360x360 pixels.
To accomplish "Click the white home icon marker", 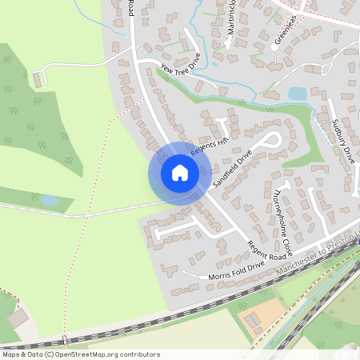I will (179, 172).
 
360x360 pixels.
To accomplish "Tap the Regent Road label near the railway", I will (265, 251).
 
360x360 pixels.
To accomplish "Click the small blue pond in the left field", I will (50, 200).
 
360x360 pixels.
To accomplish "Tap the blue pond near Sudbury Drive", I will (297, 94).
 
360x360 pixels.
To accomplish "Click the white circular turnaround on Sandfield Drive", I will (274, 142).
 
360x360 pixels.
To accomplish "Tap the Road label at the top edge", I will (130, 8).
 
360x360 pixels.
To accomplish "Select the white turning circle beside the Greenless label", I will (274, 47).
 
